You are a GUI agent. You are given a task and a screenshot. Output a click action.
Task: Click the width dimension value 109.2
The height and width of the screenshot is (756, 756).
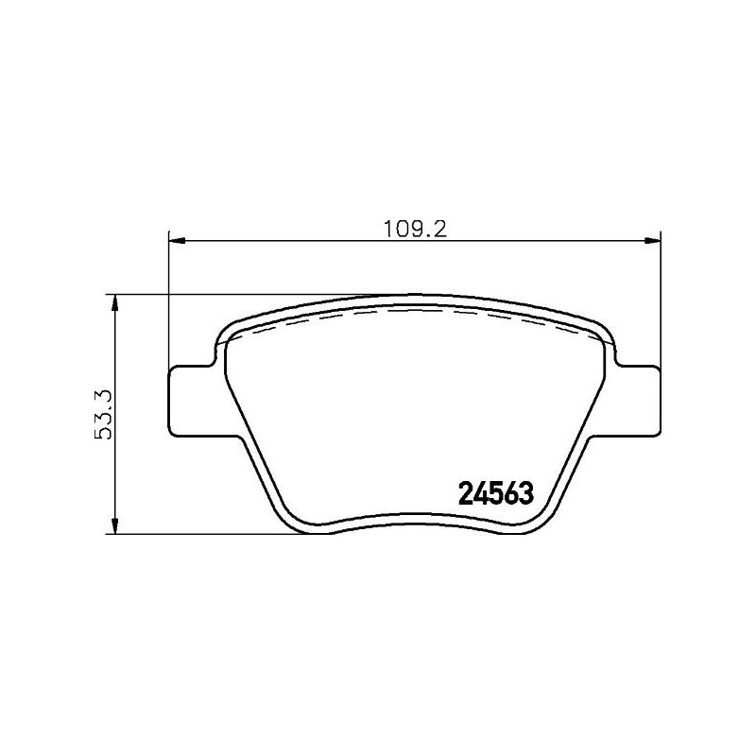click(414, 229)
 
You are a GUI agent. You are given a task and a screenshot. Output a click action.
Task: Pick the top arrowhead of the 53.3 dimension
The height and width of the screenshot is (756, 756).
click(115, 301)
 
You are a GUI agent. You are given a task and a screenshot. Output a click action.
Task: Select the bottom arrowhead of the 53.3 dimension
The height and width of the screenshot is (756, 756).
click(115, 527)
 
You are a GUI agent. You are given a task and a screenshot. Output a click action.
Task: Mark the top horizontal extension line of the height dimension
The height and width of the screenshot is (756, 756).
click(236, 294)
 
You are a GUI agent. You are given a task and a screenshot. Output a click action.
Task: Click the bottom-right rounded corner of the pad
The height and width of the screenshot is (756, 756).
click(541, 522)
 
